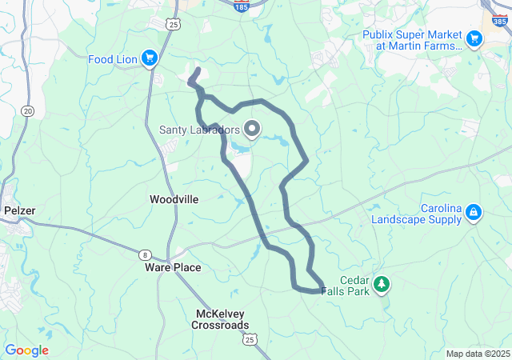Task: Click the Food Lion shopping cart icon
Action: click(x=149, y=58)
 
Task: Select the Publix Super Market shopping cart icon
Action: click(x=474, y=38)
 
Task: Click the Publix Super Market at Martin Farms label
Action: click(x=412, y=41)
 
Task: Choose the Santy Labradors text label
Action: click(x=199, y=130)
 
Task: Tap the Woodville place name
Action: click(x=174, y=198)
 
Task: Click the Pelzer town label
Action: click(x=20, y=210)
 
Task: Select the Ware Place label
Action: click(x=173, y=267)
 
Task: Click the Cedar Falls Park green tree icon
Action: click(x=382, y=283)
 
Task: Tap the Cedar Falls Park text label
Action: click(x=345, y=286)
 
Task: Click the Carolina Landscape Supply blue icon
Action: click(x=474, y=211)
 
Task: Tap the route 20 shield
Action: click(x=29, y=110)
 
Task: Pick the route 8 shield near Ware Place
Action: click(x=144, y=254)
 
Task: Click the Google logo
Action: click(x=27, y=350)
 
